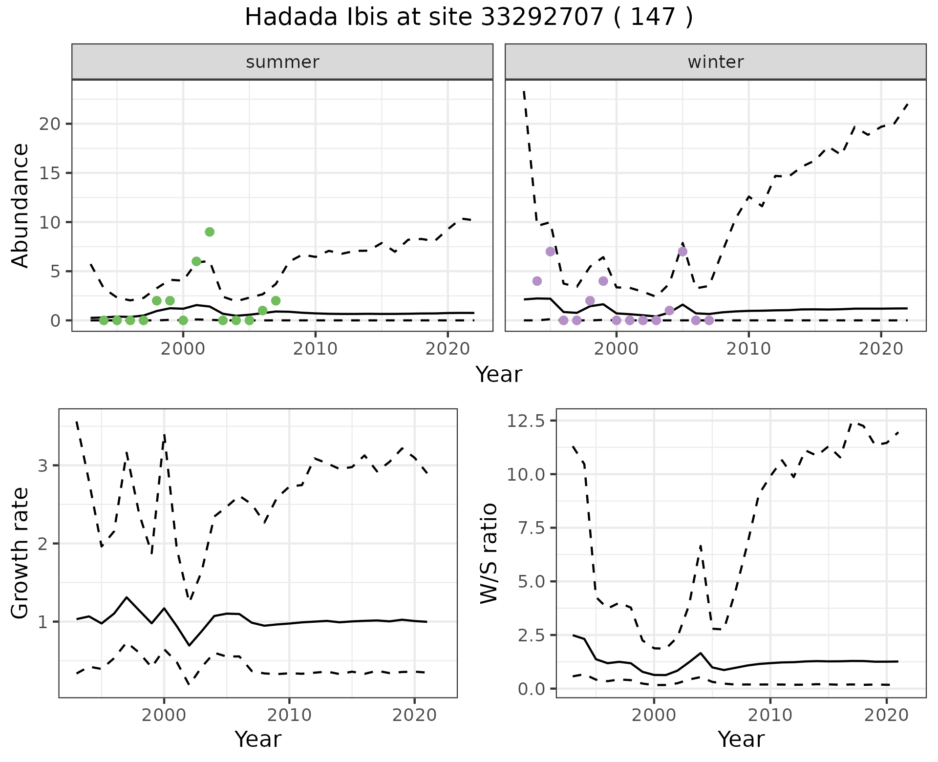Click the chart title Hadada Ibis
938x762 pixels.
(468, 18)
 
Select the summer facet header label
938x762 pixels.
(282, 62)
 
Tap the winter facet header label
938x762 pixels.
(715, 62)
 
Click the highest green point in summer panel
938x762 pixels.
(210, 232)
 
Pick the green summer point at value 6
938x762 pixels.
(196, 261)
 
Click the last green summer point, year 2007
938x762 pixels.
(276, 300)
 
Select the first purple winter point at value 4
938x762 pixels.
(537, 281)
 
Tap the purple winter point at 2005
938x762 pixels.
(682, 252)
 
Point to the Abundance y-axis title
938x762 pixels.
(21, 206)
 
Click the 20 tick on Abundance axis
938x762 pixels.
(50, 124)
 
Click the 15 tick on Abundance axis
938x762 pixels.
(50, 173)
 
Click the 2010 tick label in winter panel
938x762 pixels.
(748, 349)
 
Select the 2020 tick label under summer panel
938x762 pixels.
(448, 349)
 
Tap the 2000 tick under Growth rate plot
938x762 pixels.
(164, 715)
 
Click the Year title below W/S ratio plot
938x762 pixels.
(741, 740)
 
